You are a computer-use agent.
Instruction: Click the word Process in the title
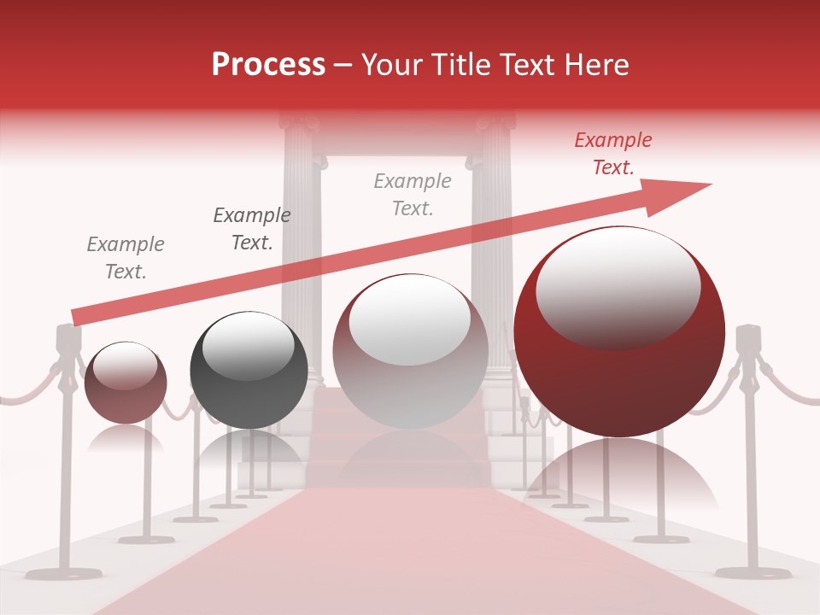[268, 65]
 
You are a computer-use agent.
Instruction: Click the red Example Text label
[612, 154]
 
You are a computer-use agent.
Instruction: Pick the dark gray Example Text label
[251, 229]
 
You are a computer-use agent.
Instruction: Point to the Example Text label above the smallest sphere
[126, 258]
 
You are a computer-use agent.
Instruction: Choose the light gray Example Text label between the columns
[413, 194]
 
